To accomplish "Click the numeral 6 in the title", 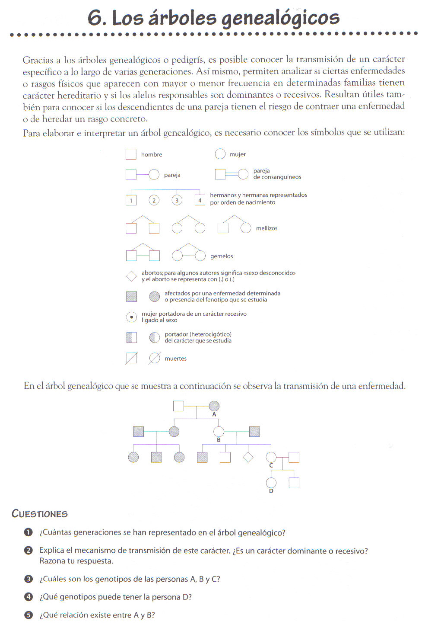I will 96,18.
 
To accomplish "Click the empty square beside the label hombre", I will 131,154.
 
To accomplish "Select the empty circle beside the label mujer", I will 220,154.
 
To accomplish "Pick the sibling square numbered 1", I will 131,200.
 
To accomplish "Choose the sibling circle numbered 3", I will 177,200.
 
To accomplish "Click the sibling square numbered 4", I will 200,200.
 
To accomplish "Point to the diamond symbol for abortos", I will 131,276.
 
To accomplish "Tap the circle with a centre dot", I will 131,317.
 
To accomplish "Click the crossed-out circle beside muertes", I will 154,358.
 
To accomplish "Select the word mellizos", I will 266,228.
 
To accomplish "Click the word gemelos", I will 222,256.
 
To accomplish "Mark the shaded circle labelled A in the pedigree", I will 214,406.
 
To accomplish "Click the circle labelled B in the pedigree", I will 219,432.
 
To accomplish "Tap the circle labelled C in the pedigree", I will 271,457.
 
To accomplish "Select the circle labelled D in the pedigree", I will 271,483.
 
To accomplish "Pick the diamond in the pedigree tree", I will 248,457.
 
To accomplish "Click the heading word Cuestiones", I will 40,514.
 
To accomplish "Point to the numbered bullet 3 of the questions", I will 29,579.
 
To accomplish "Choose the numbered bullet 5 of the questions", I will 29,615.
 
